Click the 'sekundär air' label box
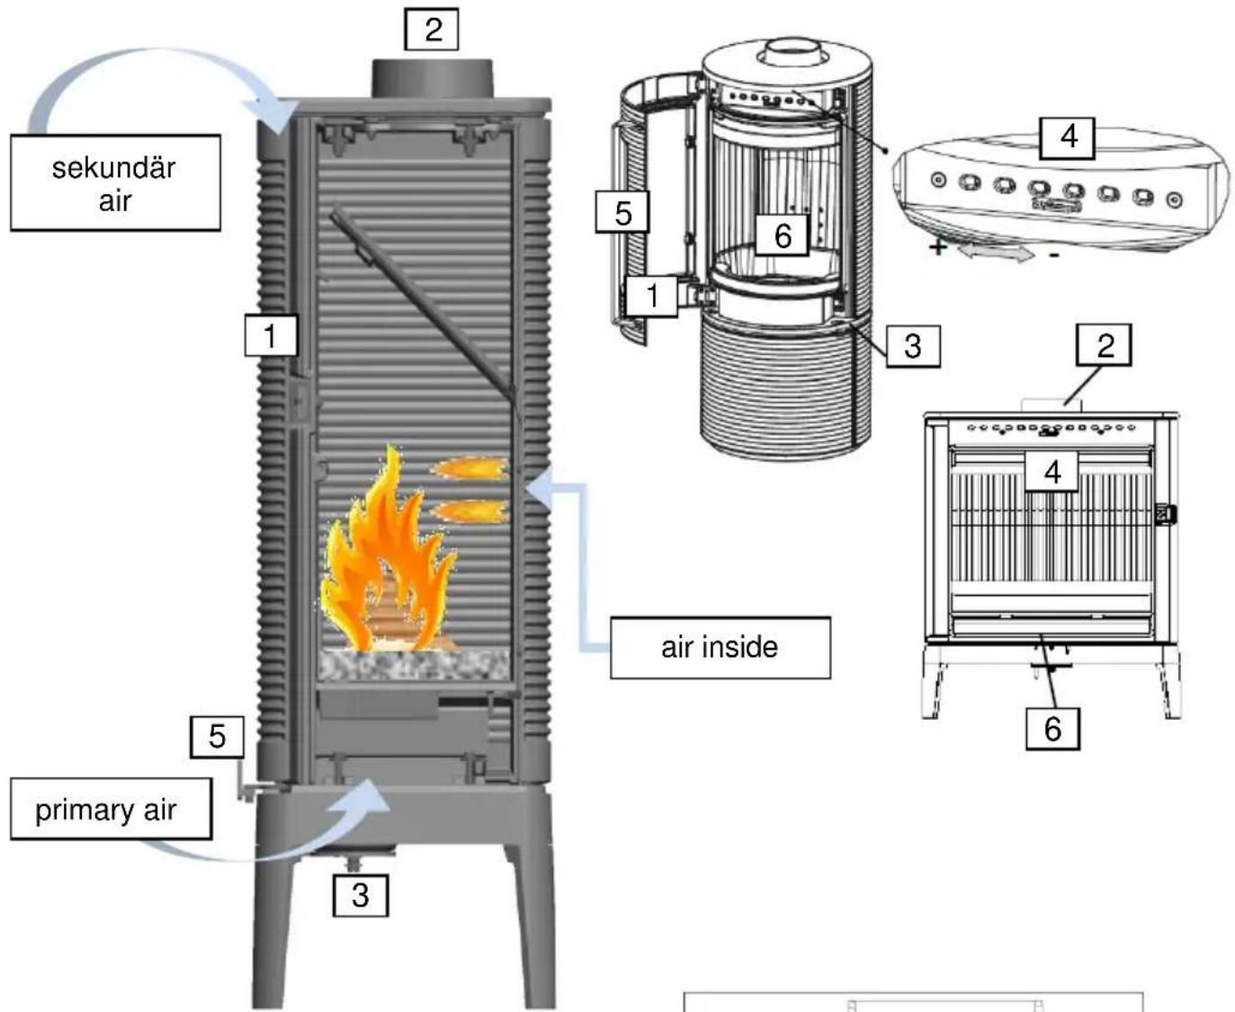click(x=115, y=183)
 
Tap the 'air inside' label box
click(x=720, y=647)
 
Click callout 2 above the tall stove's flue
click(x=432, y=30)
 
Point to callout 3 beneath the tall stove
click(x=360, y=895)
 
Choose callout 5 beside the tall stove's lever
click(x=217, y=737)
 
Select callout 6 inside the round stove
click(x=783, y=235)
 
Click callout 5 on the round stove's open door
click(x=622, y=214)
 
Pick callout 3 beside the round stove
click(x=912, y=346)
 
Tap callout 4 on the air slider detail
click(x=1068, y=137)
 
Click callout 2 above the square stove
click(x=1105, y=345)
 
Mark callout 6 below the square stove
click(x=1052, y=728)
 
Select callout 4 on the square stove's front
click(x=1052, y=471)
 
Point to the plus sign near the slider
click(x=938, y=245)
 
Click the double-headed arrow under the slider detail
click(x=995, y=254)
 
